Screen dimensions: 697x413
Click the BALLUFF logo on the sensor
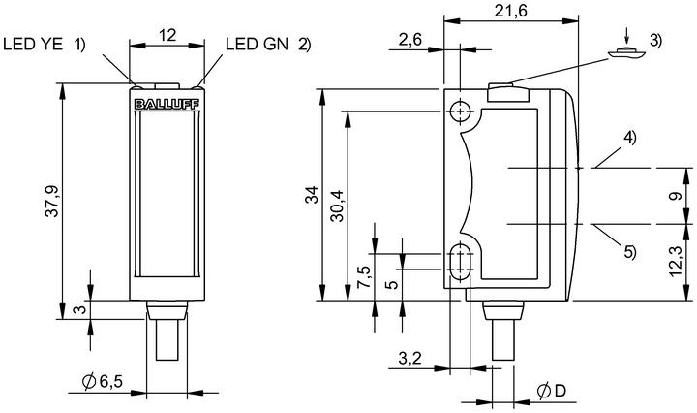pos(167,104)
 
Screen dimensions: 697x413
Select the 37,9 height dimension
pos(52,201)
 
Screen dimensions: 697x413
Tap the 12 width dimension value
pos(168,35)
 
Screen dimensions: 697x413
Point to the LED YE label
pos(33,44)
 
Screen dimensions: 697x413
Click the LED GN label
pos(257,44)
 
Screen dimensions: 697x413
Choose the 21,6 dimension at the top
pos(511,11)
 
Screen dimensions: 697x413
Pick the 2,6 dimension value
pos(409,40)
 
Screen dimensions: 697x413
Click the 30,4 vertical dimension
pos(338,206)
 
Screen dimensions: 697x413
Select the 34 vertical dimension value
pos(313,195)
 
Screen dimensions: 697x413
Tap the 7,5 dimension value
pos(364,277)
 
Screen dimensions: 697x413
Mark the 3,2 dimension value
pos(409,358)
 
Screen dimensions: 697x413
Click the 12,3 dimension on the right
pos(676,263)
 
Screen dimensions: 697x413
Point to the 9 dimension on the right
pos(676,196)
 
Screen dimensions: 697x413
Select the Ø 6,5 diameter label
pos(103,381)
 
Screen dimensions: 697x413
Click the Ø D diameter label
pos(551,392)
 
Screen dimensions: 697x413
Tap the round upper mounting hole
pos(460,111)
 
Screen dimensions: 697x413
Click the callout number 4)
pos(629,137)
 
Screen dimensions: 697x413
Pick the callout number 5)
pos(629,252)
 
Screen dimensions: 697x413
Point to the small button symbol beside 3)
pos(626,53)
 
